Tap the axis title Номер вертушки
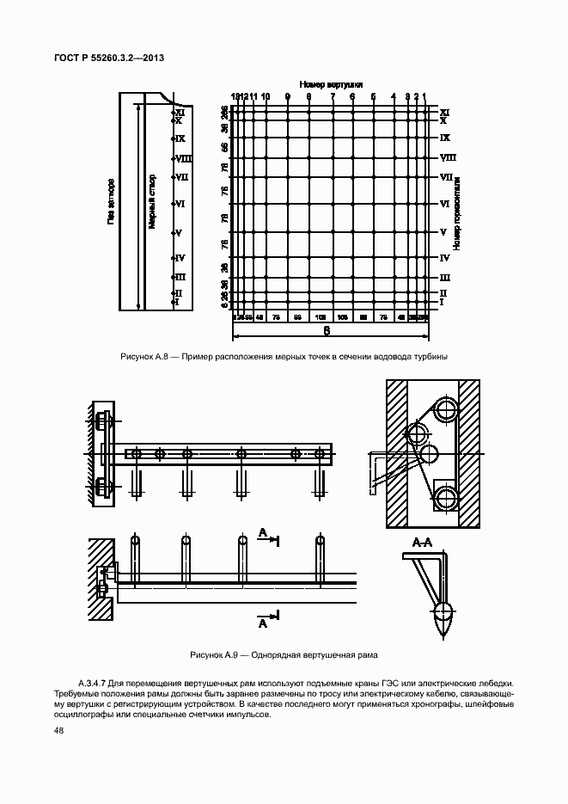[x=331, y=84]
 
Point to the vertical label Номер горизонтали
[x=458, y=214]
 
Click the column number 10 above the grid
[x=266, y=96]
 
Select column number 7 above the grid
[x=333, y=96]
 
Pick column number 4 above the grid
[x=393, y=96]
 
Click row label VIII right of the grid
[x=447, y=157]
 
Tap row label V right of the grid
[x=443, y=232]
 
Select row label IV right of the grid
[x=445, y=257]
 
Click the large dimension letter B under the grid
[x=327, y=330]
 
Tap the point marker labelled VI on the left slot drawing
[x=174, y=205]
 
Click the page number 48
[x=58, y=731]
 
